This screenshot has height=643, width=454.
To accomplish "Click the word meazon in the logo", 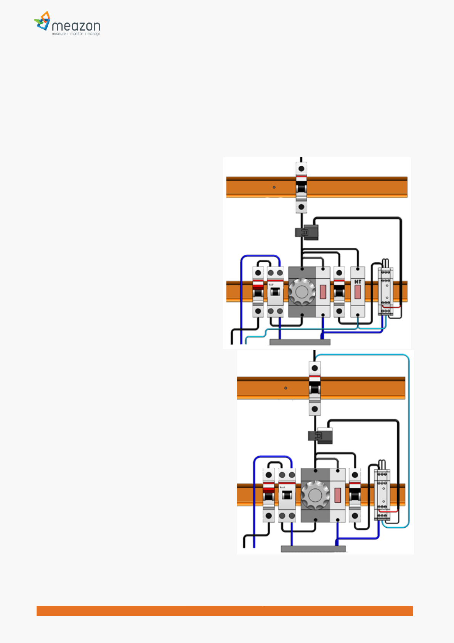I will coord(76,26).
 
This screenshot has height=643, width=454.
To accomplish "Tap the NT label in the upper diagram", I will coord(358,282).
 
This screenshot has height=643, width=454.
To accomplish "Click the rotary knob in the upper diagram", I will coord(302,292).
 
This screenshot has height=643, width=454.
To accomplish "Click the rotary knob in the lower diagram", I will coord(315,495).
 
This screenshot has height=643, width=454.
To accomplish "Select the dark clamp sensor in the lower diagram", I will coord(320,436).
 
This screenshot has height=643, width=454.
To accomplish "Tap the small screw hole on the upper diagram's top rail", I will coord(274,187).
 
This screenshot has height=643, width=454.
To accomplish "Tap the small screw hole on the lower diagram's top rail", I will coord(286,388).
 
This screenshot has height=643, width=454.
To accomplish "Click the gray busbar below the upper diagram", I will coord(300,342).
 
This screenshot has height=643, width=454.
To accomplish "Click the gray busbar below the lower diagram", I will coord(313,549).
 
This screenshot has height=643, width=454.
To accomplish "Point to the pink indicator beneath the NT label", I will coord(358,292).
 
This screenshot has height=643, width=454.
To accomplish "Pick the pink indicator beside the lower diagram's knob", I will coord(337,495).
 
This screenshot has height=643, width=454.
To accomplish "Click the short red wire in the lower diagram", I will coord(391,511).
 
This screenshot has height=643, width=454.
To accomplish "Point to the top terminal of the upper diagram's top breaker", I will coord(301,168).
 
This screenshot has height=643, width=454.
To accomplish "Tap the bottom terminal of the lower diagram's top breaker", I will coord(314,409).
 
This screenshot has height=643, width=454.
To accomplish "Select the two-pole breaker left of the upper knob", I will coord(275,292).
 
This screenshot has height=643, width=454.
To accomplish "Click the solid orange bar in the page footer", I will coord(225,611).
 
